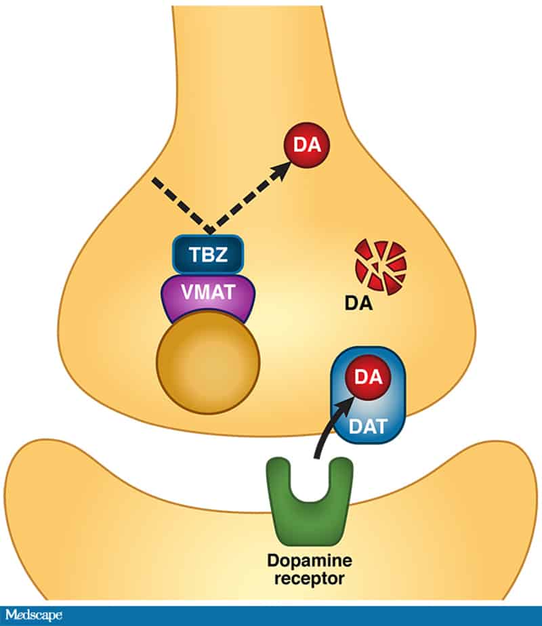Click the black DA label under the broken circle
coord(359,303)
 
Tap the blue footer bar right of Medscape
coord(305,615)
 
